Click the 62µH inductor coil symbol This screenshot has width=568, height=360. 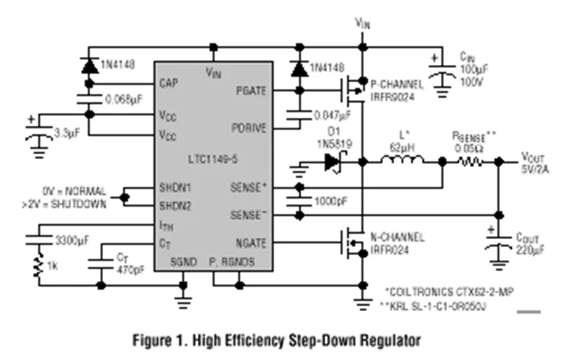402,162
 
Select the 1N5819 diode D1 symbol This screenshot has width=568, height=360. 332,163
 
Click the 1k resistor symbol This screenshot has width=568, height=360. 36,267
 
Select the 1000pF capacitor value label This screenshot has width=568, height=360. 331,202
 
